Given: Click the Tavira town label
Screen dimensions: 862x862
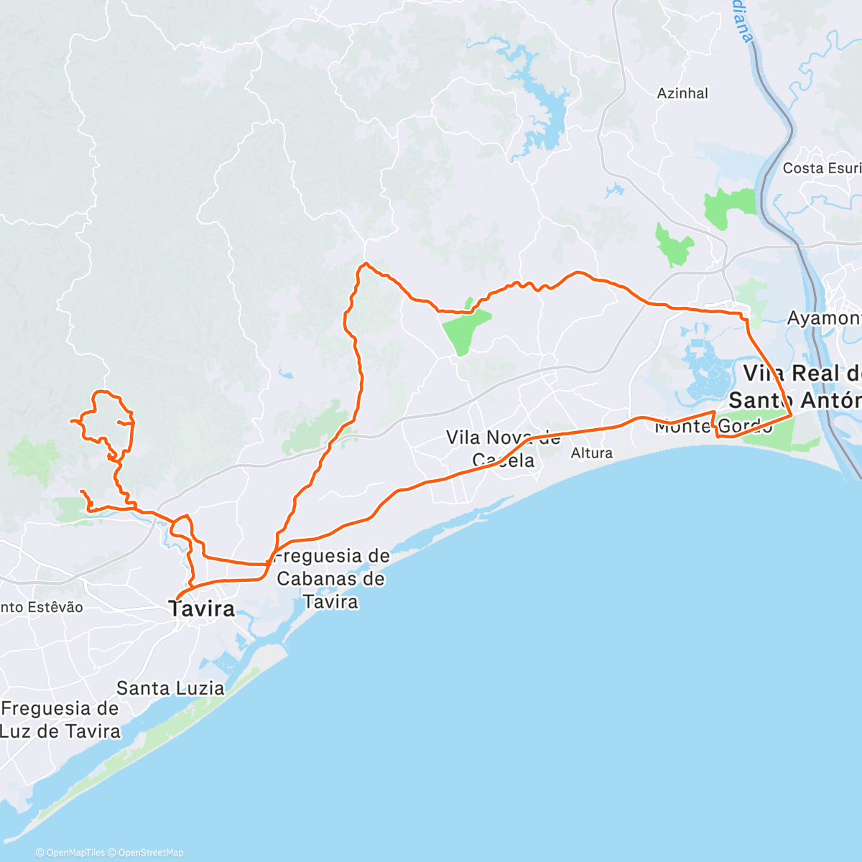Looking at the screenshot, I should coord(202,609).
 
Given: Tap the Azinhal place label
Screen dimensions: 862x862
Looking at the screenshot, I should coord(682,93).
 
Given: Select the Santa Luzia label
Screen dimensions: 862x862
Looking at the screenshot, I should coord(170,688).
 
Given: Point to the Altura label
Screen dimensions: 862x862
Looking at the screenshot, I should coord(592,453).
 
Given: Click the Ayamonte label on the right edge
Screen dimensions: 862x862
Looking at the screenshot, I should coord(825,318).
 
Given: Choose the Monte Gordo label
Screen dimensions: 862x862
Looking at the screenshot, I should coord(713,427).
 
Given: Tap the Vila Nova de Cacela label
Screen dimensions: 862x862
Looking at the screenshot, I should coord(503,448).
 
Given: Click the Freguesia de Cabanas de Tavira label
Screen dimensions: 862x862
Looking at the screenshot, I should coord(332,578).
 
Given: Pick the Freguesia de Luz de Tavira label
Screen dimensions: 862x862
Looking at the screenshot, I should coord(60,720).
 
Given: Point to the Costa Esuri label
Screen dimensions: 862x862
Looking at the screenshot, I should coord(822,168).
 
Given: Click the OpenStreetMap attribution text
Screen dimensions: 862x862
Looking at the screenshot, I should coord(151,853).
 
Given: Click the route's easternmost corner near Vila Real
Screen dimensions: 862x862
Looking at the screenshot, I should coord(791,414).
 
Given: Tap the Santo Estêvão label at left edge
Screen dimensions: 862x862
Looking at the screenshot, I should coord(42,607).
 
